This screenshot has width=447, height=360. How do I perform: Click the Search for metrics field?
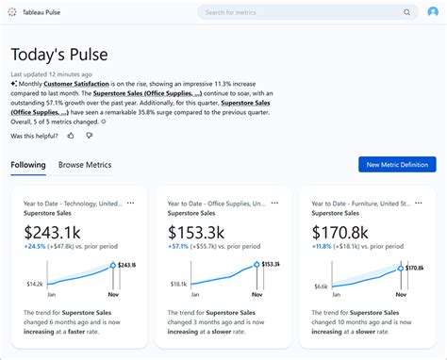point(302,12)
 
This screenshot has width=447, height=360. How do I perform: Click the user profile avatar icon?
point(433,12)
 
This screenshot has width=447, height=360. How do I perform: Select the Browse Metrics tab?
point(85,165)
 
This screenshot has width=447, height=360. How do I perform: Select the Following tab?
point(28,165)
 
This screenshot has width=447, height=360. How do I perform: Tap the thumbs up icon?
point(71,136)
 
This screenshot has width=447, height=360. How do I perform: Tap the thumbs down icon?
point(90,136)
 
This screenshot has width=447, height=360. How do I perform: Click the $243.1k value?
point(52,232)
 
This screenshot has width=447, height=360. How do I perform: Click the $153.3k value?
point(196,232)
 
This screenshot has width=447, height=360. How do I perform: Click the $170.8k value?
point(340,232)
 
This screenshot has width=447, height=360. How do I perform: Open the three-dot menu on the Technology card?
point(131,203)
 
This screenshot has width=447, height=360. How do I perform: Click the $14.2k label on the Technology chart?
point(34,284)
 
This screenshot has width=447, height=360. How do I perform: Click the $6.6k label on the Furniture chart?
point(321,286)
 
